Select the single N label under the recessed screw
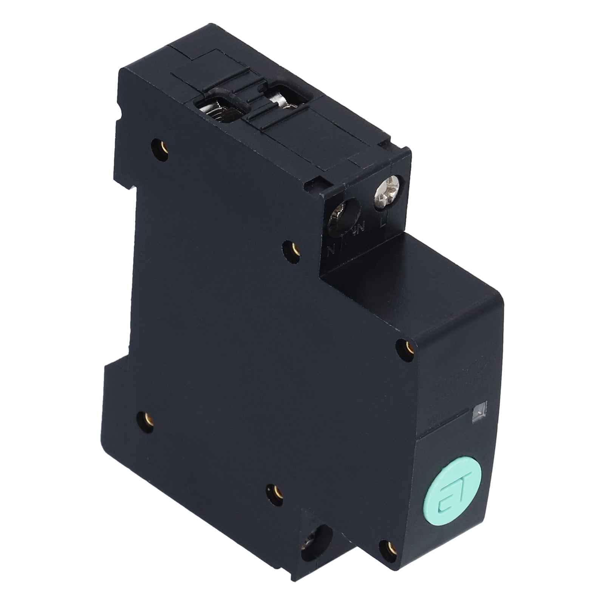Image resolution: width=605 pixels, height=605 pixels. pyautogui.click(x=332, y=250)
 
